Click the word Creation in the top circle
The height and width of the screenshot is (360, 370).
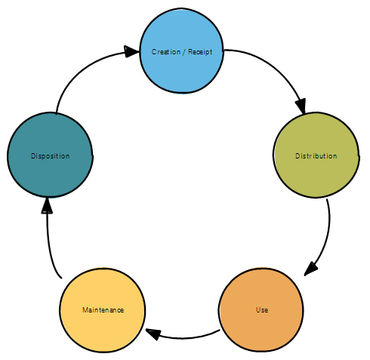pyautogui.click(x=166, y=52)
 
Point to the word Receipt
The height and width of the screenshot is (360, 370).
pyautogui.click(x=200, y=52)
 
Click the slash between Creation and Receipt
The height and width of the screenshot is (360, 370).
pyautogui.click(x=184, y=52)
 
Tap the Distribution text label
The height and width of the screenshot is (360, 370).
pyautogui.click(x=316, y=156)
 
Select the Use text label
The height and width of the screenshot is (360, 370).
pyautogui.click(x=262, y=310)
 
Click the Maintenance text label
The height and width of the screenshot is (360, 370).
pyautogui.click(x=103, y=310)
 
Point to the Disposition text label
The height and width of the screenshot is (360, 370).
pyautogui.click(x=50, y=156)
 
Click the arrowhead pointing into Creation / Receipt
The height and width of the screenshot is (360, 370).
pyautogui.click(x=131, y=51)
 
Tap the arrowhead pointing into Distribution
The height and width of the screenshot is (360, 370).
pyautogui.click(x=301, y=106)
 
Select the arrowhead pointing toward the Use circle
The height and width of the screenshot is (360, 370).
pyautogui.click(x=310, y=269)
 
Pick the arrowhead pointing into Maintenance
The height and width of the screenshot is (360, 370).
pyautogui.click(x=153, y=334)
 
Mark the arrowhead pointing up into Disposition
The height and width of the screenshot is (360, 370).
pyautogui.click(x=47, y=206)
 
